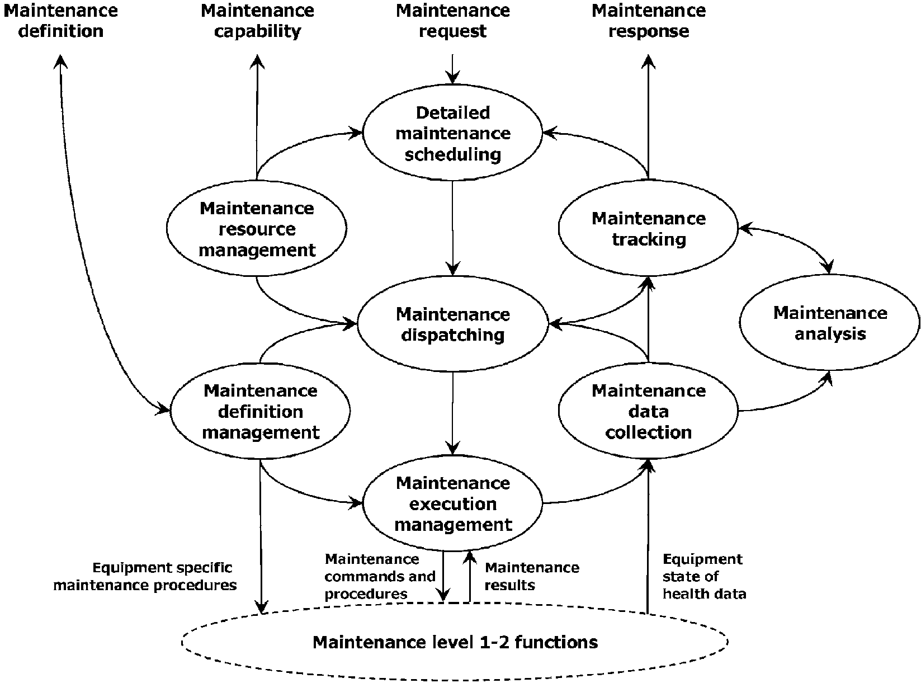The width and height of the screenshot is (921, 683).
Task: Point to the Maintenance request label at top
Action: (x=452, y=21)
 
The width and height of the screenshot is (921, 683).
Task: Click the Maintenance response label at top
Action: (x=649, y=21)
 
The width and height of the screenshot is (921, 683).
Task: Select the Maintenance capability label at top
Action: (x=257, y=21)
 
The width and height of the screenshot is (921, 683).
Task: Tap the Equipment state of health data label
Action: (x=704, y=577)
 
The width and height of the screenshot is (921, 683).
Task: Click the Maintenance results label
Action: (x=532, y=576)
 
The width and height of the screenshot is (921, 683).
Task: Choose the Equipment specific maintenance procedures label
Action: (x=145, y=576)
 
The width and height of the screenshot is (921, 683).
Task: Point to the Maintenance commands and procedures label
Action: (x=380, y=577)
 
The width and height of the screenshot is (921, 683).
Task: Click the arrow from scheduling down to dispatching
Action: (x=452, y=228)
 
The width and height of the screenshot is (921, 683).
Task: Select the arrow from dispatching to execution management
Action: (x=452, y=413)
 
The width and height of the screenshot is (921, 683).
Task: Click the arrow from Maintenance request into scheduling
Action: (x=452, y=69)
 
